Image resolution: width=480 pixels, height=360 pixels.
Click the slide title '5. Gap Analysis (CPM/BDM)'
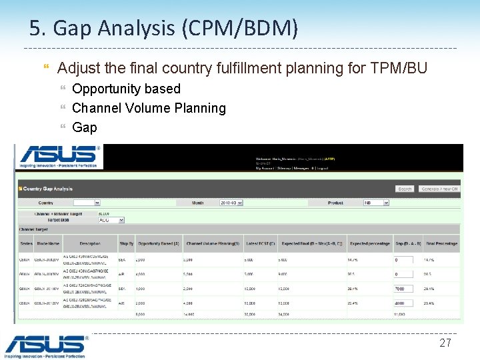(163, 29)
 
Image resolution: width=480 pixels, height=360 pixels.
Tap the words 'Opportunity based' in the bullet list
(126, 89)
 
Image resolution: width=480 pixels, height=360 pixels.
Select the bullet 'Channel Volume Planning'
(149, 108)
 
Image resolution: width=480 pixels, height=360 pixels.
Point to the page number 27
(445, 343)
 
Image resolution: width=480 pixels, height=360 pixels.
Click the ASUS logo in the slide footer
(45, 345)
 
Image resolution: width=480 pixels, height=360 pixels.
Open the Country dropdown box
(87, 203)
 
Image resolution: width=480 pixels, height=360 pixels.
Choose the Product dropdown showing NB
(376, 203)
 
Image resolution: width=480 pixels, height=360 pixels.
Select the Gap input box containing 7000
(403, 289)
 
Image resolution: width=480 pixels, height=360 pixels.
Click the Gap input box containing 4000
(403, 303)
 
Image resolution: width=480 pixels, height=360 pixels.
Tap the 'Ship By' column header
(126, 243)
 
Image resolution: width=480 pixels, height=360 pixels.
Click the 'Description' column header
(90, 243)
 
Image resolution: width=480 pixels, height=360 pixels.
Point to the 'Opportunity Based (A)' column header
(157, 243)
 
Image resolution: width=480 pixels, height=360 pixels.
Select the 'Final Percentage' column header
(442, 243)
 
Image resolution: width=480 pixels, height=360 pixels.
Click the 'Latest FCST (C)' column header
(261, 243)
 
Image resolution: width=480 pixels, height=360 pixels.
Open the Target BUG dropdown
(111, 219)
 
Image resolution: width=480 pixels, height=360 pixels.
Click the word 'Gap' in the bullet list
(85, 127)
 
